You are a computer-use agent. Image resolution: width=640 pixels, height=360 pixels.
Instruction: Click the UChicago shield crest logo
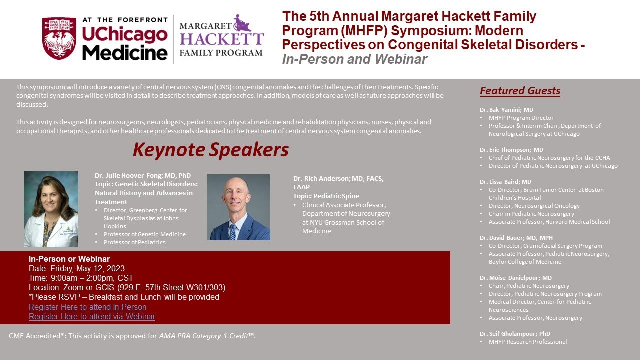(x=59, y=38)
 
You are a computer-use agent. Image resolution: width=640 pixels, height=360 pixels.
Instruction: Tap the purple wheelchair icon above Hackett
(x=243, y=23)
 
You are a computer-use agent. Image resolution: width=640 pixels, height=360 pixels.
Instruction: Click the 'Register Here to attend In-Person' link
(x=87, y=307)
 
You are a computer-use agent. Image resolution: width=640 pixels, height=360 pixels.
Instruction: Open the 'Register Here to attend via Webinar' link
(x=92, y=316)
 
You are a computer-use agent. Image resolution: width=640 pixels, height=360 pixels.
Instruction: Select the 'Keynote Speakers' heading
(x=210, y=150)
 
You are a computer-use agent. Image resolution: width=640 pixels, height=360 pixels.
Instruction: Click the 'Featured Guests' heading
(x=520, y=91)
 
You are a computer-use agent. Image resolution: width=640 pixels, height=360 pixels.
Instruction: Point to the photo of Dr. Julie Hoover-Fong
(x=51, y=209)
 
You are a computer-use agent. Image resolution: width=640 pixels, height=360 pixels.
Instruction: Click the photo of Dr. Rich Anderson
(x=239, y=207)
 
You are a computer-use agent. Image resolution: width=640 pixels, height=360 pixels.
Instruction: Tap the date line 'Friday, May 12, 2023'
(x=77, y=268)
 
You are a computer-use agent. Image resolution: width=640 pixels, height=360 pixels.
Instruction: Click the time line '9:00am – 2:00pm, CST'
(x=81, y=278)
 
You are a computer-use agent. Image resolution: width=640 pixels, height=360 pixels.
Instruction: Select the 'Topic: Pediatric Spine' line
(x=326, y=196)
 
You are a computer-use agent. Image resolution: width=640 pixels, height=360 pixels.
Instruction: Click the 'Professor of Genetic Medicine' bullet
(x=144, y=234)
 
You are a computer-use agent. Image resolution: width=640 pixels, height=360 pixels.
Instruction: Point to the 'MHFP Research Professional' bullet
(x=528, y=342)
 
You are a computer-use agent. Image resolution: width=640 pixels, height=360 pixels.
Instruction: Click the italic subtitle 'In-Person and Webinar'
(x=354, y=59)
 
